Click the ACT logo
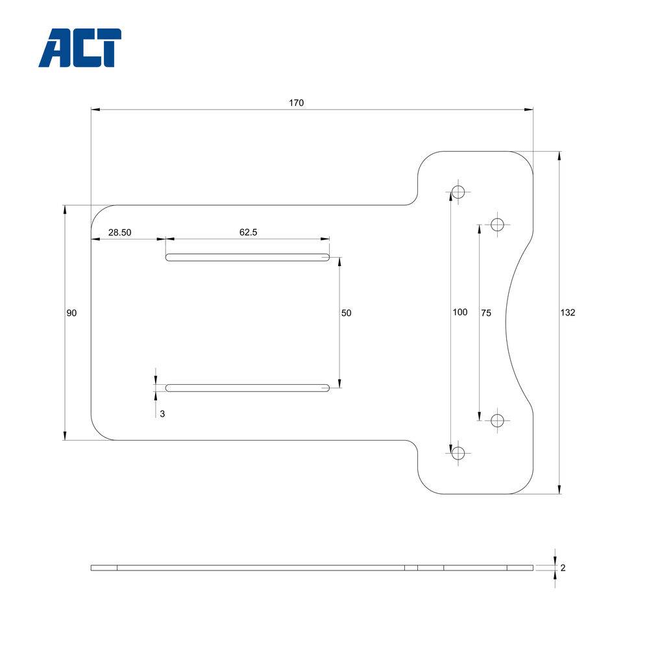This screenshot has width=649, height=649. [80, 48]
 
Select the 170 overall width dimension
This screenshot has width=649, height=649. [297, 103]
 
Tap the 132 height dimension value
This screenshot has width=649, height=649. [567, 313]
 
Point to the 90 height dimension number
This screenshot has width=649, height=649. [71, 313]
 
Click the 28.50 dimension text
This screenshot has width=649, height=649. [120, 232]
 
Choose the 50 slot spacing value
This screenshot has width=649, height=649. [346, 313]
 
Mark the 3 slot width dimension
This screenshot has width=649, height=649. [162, 413]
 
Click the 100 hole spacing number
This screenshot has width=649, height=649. [459, 313]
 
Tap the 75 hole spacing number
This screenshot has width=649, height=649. [486, 313]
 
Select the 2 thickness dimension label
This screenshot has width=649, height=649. [563, 568]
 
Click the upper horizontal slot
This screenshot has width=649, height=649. [247, 258]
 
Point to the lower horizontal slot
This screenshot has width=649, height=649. [247, 388]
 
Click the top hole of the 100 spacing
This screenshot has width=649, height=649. [458, 191]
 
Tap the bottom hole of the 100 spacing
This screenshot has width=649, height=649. [458, 453]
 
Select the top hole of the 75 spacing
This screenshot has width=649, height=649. [498, 225]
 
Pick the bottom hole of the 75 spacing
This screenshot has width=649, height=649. [498, 421]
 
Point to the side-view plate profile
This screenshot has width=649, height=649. [312, 568]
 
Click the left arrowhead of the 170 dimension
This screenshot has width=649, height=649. [95, 110]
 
